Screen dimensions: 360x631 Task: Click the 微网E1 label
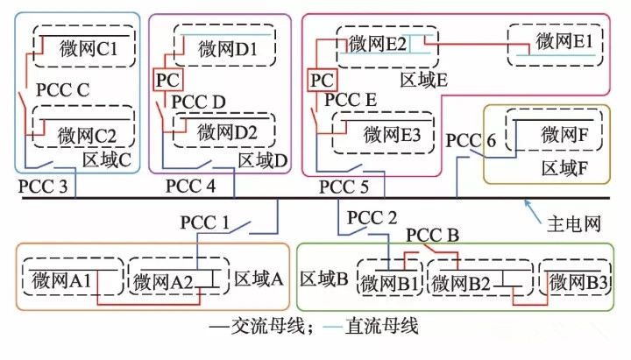click(564, 42)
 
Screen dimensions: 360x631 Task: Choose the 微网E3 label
click(386, 135)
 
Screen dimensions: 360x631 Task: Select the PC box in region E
click(322, 80)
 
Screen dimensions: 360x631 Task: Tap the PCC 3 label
click(42, 187)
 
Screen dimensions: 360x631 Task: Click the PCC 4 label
click(190, 187)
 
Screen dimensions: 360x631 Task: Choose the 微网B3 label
click(573, 281)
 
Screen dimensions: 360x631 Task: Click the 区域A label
click(259, 279)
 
